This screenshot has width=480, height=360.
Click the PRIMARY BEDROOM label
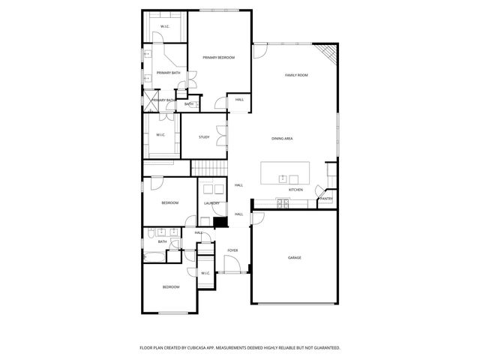point(218,58)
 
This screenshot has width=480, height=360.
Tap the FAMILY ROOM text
point(296,76)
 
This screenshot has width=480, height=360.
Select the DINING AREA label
point(282,139)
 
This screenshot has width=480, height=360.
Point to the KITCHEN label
point(296,190)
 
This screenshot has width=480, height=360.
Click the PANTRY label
point(326,199)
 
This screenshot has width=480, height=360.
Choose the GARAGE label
point(295,257)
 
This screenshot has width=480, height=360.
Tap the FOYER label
point(232,250)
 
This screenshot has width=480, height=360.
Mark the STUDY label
point(204,137)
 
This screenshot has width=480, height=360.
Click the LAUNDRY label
point(211,203)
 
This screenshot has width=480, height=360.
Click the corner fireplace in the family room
point(327,52)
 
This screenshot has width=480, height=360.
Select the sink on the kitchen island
point(283,178)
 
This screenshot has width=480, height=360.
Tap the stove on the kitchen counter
point(283,202)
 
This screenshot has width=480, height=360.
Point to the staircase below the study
point(208,168)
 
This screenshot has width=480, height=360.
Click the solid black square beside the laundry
point(220,221)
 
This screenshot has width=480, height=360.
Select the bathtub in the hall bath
point(152,257)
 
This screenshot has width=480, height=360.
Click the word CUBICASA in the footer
point(214,348)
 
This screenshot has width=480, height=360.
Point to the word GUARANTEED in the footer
point(324,348)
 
